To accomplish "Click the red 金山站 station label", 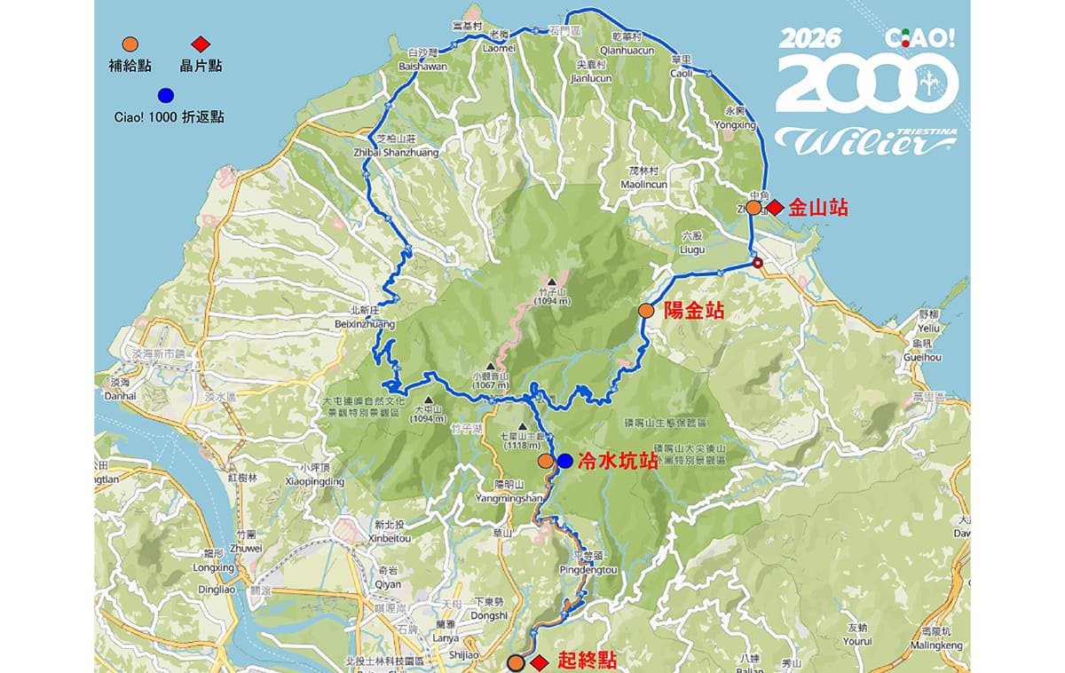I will [x=818, y=208].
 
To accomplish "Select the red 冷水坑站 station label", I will [x=618, y=461].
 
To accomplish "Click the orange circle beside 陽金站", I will [x=646, y=311].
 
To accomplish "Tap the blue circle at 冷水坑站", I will [x=565, y=461].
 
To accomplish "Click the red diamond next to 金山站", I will [x=775, y=208].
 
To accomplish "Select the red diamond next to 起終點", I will [x=538, y=662].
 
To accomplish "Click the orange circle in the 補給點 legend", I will [x=130, y=44].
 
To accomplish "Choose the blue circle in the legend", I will [x=165, y=95].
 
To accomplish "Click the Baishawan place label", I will [x=425, y=67].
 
